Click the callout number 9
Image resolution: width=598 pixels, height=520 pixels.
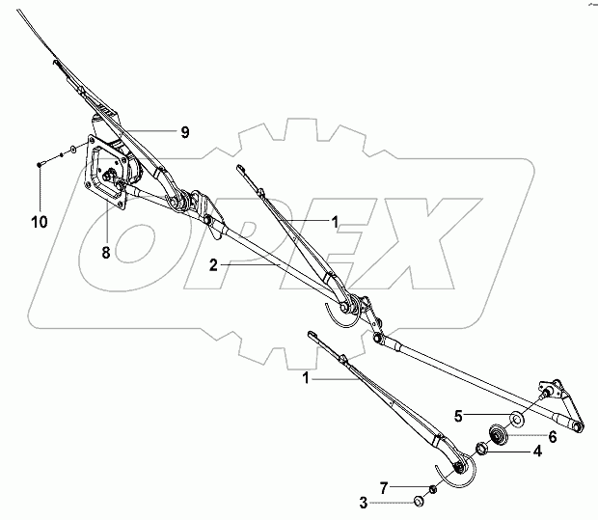183,132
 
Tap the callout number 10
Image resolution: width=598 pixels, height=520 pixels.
38,221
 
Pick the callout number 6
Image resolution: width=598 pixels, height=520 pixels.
553,436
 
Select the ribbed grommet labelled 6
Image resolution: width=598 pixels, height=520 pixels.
501,434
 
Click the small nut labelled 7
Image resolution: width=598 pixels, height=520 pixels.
434,489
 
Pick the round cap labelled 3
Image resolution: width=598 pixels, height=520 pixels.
420,501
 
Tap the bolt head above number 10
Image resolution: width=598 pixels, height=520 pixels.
39,165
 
